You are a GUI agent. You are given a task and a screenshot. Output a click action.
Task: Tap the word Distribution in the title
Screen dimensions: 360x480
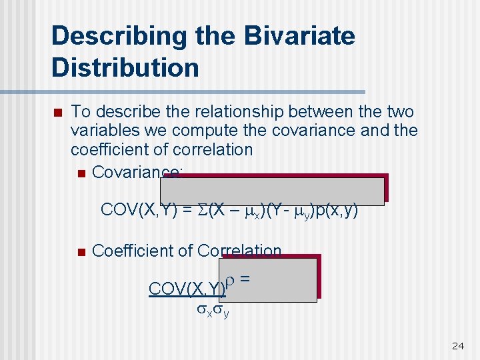point(125,67)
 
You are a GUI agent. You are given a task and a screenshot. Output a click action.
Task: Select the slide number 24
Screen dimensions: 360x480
point(457,345)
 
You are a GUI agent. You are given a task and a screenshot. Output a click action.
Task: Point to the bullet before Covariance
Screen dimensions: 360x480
point(81,174)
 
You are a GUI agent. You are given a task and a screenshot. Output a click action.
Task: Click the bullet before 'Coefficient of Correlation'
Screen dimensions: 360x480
point(81,251)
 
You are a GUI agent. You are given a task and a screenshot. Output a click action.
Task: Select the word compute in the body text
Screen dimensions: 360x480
point(209,131)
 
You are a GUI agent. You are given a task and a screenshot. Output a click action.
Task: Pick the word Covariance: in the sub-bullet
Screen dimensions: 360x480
point(137,173)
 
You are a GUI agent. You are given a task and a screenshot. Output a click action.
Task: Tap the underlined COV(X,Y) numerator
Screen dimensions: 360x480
point(187,289)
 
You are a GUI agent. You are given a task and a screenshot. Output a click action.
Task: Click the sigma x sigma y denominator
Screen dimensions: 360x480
point(213,310)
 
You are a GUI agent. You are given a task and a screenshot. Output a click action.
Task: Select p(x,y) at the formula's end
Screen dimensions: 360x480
point(337,211)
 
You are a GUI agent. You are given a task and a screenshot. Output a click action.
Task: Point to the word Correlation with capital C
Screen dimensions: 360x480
point(240,251)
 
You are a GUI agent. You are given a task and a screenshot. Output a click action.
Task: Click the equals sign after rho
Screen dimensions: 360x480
point(245,279)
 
